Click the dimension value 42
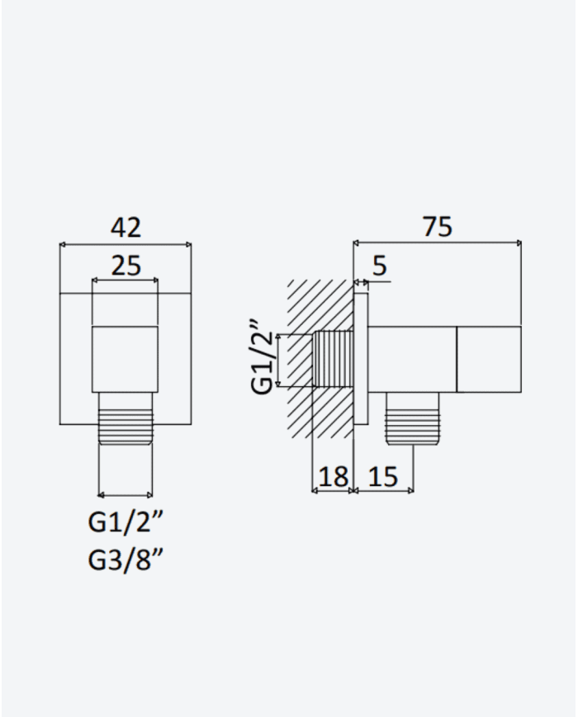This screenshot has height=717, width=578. (126, 227)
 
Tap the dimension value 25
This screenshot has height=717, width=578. (126, 266)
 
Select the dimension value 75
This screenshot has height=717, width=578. (438, 226)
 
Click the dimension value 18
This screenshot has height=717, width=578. (333, 476)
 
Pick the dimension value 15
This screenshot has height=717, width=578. (382, 476)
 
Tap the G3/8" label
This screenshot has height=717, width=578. (126, 559)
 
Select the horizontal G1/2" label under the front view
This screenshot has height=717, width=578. (126, 521)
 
